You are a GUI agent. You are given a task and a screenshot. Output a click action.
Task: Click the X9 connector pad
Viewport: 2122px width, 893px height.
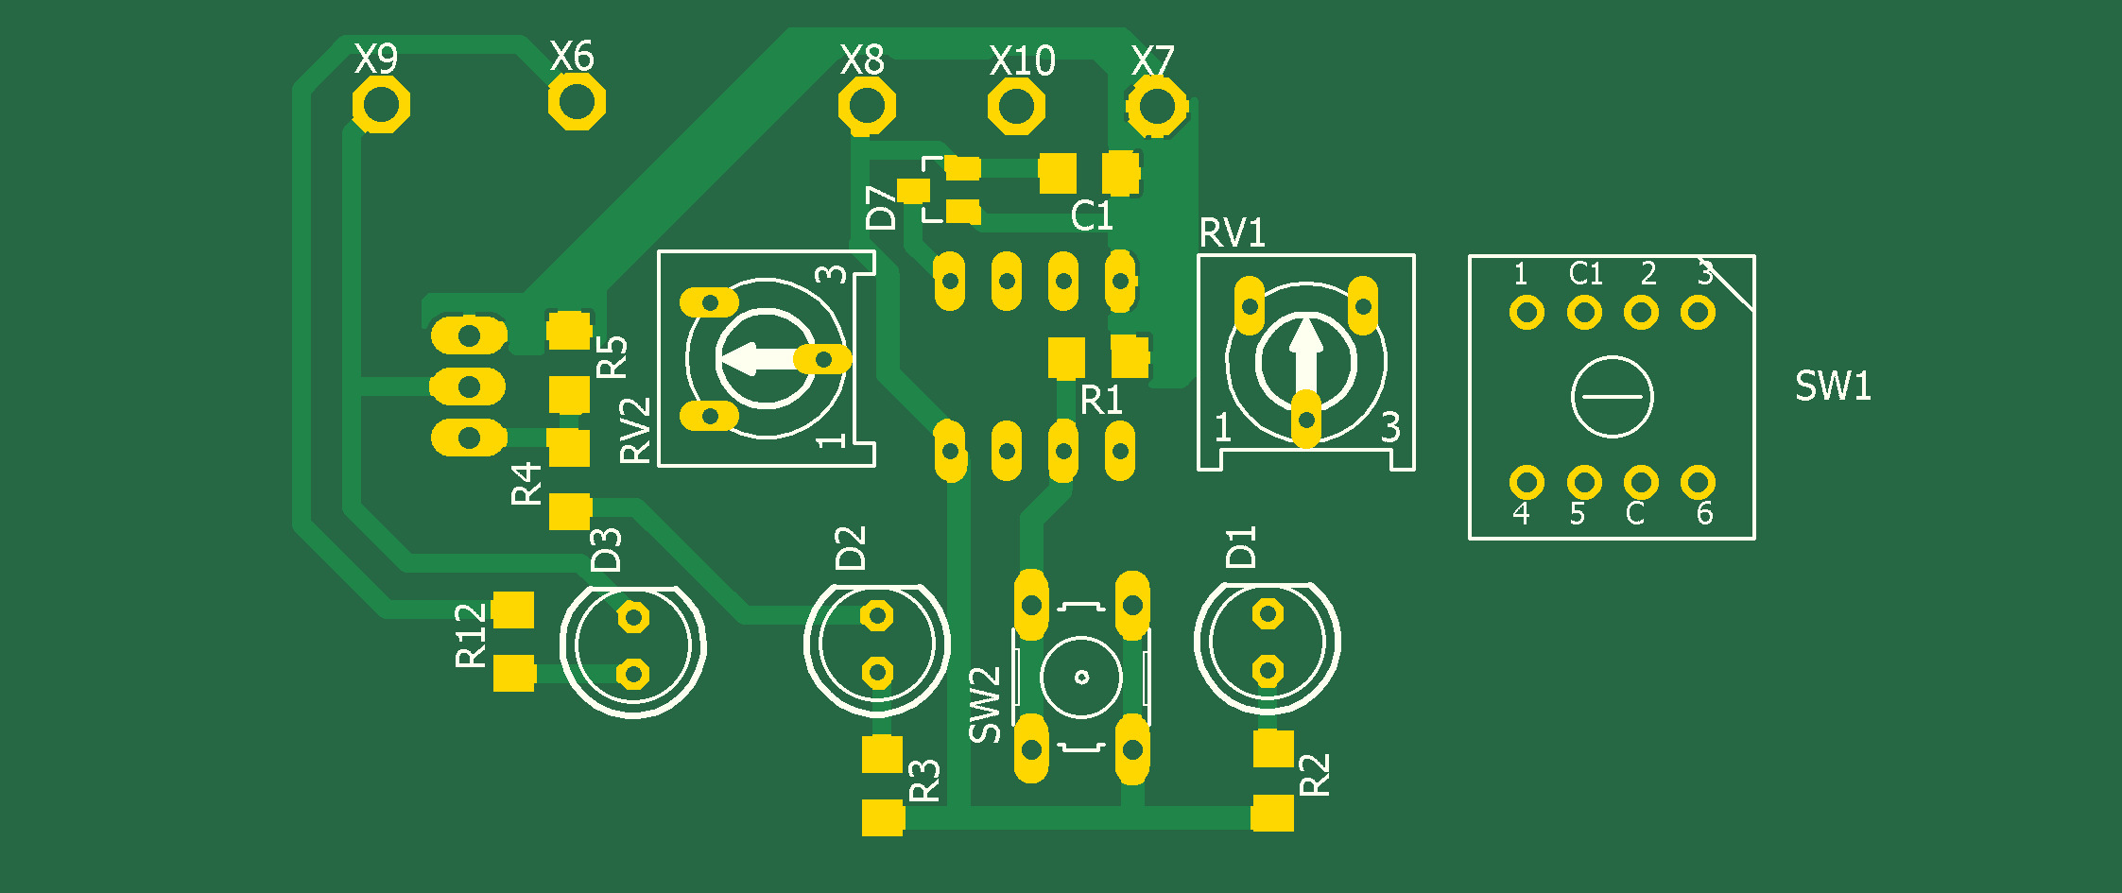(381, 104)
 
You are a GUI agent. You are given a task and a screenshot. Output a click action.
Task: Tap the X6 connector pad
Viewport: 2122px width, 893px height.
(576, 101)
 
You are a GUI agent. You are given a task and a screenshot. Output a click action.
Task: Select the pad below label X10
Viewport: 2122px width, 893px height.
(1016, 106)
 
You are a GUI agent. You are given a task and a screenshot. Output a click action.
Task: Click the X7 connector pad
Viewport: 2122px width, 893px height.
(1155, 105)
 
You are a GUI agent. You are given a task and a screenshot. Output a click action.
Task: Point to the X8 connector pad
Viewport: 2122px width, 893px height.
(866, 105)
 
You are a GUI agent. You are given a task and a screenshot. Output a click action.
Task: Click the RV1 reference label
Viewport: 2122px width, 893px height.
(1232, 233)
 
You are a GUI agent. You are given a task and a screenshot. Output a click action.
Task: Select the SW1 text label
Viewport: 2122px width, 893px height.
(1833, 386)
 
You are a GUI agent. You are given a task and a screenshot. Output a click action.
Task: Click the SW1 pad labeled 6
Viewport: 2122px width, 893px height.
(1698, 483)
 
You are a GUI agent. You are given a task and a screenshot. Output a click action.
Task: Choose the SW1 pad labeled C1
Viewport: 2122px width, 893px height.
(1584, 313)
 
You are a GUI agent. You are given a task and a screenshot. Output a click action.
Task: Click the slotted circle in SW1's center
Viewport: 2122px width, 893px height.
(1612, 397)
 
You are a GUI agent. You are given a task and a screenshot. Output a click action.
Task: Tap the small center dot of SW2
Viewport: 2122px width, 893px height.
(1082, 677)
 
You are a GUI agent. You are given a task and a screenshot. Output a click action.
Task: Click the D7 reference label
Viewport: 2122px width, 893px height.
(881, 208)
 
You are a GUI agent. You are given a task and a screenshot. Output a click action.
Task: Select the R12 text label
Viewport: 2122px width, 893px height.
(471, 636)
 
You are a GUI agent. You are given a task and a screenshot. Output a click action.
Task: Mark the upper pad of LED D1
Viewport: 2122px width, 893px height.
(1268, 615)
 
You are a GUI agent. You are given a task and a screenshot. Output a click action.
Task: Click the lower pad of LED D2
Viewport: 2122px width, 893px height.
(877, 673)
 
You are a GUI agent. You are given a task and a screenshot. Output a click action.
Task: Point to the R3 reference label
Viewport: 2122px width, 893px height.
(924, 781)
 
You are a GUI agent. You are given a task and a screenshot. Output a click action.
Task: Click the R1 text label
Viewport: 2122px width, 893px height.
(1101, 401)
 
